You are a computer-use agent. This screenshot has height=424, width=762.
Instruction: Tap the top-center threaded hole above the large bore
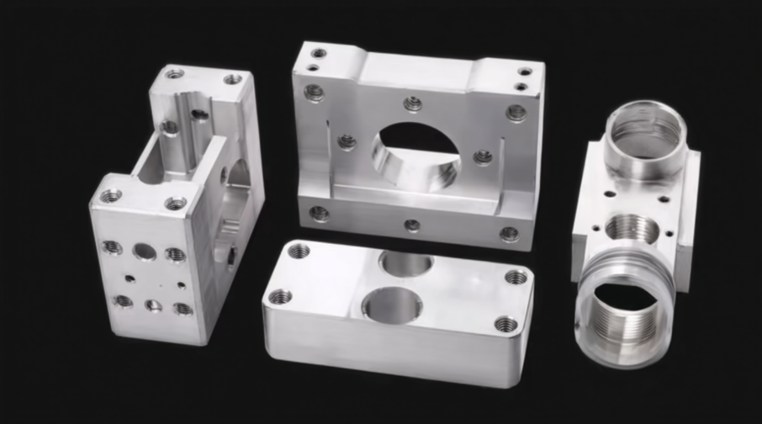412,103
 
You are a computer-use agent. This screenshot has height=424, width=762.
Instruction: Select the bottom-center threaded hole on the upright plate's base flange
411,225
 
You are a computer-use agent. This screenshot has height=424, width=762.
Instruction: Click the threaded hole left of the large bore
347,141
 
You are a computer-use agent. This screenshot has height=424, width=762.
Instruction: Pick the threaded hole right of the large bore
483,156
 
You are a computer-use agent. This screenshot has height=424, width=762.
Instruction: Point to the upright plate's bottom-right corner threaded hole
510,234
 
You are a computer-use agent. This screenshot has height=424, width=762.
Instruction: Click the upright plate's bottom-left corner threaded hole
319,213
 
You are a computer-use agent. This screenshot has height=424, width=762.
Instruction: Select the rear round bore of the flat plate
406,262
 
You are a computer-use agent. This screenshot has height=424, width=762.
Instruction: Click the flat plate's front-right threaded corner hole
505,324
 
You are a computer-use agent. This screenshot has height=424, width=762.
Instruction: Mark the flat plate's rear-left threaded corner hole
299,251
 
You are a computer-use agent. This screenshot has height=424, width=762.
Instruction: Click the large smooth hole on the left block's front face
144,252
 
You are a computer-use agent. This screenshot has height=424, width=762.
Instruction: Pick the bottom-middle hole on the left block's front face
153,305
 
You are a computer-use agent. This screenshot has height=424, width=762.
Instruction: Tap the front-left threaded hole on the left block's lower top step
111,196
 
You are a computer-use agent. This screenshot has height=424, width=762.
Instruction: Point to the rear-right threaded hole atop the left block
232,79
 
